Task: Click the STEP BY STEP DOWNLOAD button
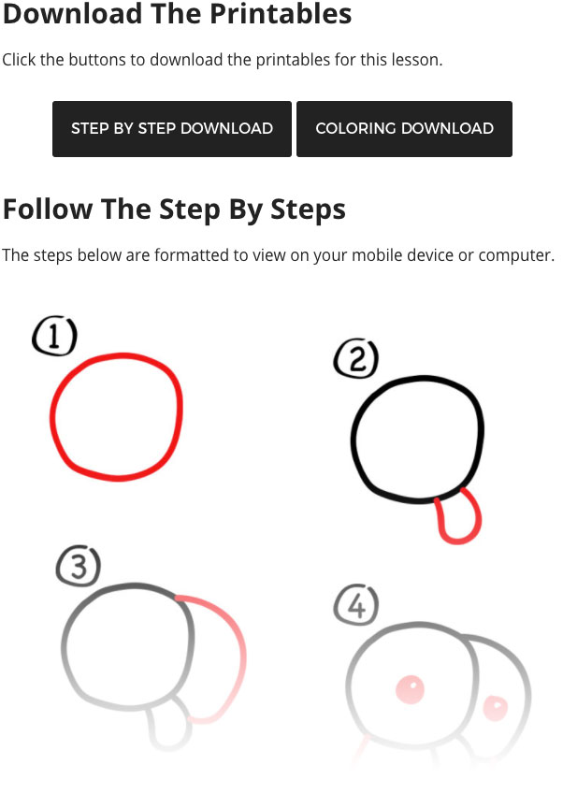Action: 172,129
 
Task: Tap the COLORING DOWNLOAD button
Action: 405,129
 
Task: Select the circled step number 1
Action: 54,336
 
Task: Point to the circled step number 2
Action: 356,358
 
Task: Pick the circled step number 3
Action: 79,566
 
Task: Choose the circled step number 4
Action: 356,605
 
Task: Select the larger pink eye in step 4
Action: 410,689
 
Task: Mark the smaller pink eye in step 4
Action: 495,707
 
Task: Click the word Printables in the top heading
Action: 281,14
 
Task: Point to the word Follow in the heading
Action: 48,209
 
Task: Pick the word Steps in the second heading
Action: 308,210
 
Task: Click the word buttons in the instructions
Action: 97,60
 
